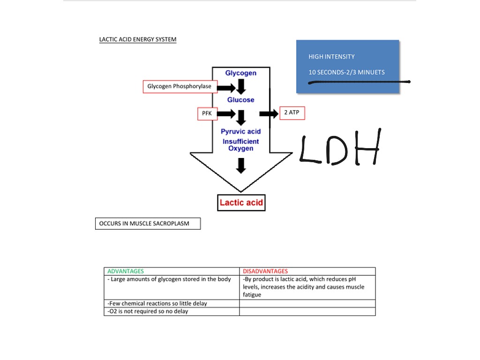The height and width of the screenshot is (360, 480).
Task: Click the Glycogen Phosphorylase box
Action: pos(180,87)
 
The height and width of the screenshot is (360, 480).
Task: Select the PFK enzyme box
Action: pos(207,113)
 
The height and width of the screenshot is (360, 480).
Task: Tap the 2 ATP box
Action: pos(292,113)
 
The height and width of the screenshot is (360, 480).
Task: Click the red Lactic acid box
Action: pos(241,202)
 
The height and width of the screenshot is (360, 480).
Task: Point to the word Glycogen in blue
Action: pos(240,73)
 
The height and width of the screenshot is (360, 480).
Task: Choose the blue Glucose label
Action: pos(240,100)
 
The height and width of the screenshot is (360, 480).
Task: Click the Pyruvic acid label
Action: pos(240,132)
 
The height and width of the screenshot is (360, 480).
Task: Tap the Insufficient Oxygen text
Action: pos(240,145)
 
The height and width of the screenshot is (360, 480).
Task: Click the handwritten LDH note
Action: pos(340,147)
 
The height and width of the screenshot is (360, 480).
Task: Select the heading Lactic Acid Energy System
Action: pos(138,39)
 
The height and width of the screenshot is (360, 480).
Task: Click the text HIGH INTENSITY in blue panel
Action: pos(331,57)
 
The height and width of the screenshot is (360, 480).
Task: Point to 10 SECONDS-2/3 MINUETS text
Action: pos(346,72)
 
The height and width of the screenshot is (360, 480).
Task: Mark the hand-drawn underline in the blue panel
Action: pos(359,82)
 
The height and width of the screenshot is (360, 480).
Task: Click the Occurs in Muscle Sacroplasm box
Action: pos(148,224)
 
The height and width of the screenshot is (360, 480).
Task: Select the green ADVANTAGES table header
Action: pos(126,271)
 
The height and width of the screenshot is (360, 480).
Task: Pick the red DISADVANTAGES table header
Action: pos(265,271)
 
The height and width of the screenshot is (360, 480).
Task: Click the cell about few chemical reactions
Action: pos(172,303)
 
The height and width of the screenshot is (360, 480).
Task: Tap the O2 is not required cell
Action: pos(172,311)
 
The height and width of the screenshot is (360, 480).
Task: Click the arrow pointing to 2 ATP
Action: pos(269,114)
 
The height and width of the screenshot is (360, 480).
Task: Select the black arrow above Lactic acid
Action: pos(241,165)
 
